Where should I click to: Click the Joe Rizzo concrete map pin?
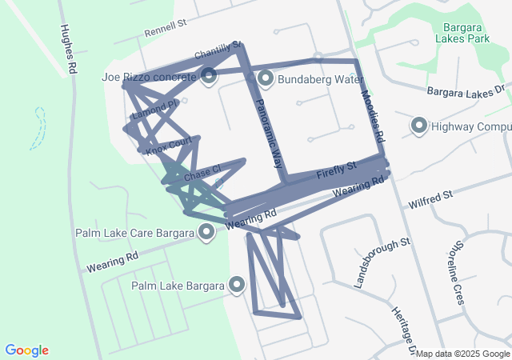209,77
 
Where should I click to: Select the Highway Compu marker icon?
418,126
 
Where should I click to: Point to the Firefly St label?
335,170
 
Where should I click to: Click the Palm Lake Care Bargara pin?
206,233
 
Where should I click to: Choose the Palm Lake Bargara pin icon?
237,285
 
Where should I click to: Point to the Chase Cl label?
202,173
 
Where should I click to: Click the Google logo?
26,350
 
